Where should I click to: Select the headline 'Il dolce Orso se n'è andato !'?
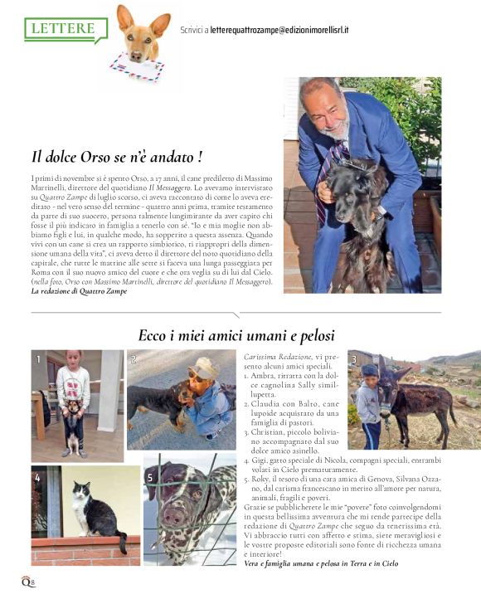point(117,156)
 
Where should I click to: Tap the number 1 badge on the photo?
point(37,359)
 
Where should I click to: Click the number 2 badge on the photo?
point(133,359)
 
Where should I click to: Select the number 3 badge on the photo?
point(353,359)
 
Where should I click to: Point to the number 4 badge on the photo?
point(37,478)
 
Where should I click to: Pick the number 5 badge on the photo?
point(150,478)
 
